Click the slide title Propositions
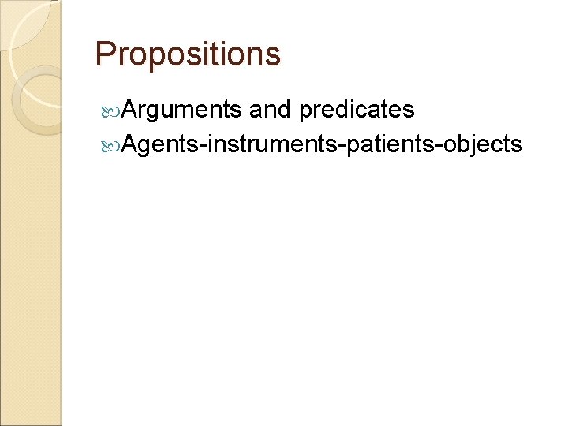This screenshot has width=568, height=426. (x=187, y=54)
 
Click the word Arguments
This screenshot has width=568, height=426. (x=181, y=110)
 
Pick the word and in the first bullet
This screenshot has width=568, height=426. (x=271, y=110)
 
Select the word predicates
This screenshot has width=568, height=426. (x=357, y=110)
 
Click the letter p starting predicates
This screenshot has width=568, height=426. (x=305, y=112)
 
